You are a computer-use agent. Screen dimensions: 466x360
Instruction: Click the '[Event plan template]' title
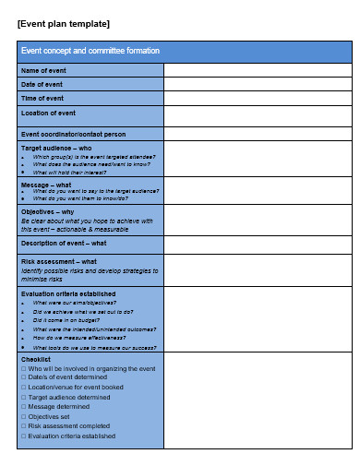(64, 23)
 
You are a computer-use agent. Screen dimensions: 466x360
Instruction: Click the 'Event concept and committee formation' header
(90, 51)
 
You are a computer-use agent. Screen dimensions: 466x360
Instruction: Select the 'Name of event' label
(43, 70)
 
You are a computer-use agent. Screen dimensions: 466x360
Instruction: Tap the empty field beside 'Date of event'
(258, 84)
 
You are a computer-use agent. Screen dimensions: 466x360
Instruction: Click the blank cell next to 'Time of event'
(258, 98)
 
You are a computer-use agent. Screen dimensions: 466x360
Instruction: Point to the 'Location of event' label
(48, 114)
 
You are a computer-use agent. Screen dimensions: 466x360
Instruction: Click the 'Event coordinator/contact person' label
(73, 134)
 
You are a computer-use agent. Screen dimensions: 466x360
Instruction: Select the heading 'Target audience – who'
(56, 147)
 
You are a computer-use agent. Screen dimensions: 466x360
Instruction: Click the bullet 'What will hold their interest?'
(78, 173)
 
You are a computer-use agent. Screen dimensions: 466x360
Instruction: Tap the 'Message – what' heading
(46, 185)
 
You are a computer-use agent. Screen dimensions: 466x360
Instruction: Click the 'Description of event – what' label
(63, 243)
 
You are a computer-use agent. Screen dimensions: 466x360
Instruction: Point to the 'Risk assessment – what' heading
(57, 261)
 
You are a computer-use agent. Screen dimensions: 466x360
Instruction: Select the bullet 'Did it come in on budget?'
(70, 320)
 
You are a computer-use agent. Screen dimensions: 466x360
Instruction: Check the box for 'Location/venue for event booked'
(24, 388)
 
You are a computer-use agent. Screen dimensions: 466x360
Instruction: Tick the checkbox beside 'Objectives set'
(24, 416)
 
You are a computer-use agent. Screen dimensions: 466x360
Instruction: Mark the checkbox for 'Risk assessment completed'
(24, 426)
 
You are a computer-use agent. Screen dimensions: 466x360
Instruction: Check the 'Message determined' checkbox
(24, 407)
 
